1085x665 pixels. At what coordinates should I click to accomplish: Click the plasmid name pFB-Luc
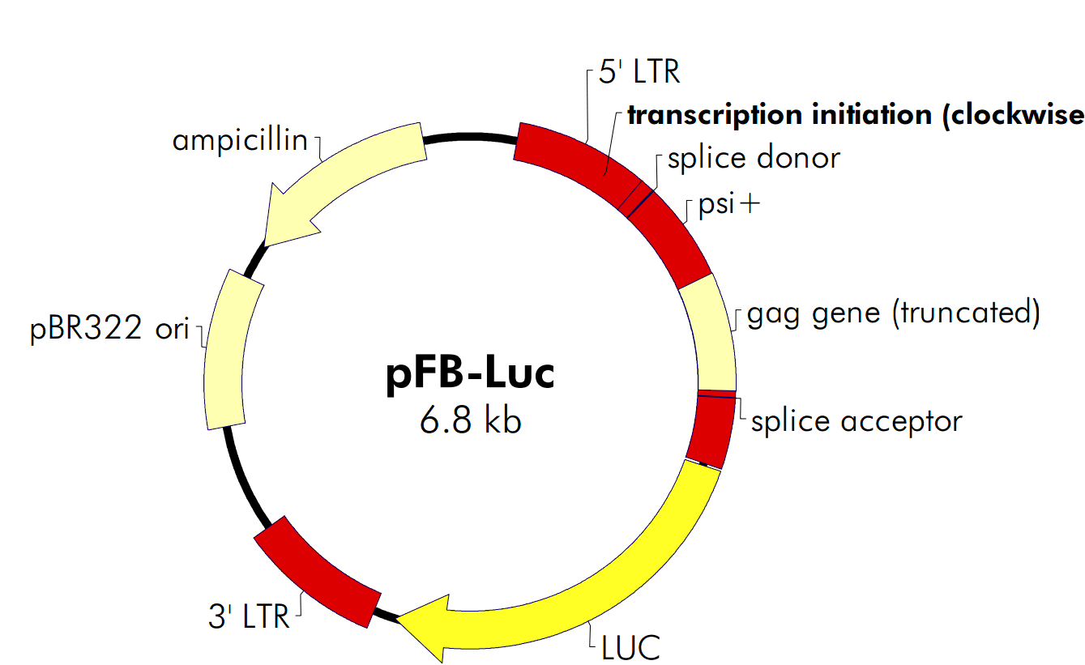pos(470,375)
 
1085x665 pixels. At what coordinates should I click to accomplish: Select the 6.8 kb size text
pos(470,421)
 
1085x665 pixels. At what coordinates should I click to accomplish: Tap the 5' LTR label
pos(639,73)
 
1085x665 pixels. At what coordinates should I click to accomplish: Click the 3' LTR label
pos(249,617)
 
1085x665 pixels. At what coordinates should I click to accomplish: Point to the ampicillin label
pos(240,141)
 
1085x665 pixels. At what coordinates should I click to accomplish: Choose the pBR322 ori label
pos(110,330)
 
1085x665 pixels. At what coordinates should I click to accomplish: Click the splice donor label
pos(754,158)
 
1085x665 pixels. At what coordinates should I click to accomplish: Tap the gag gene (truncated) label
pos(892,312)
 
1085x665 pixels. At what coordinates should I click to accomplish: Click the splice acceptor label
pos(856,421)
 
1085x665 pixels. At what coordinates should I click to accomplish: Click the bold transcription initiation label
pos(855,115)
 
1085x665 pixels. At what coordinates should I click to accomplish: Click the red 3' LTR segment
pos(318,570)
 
